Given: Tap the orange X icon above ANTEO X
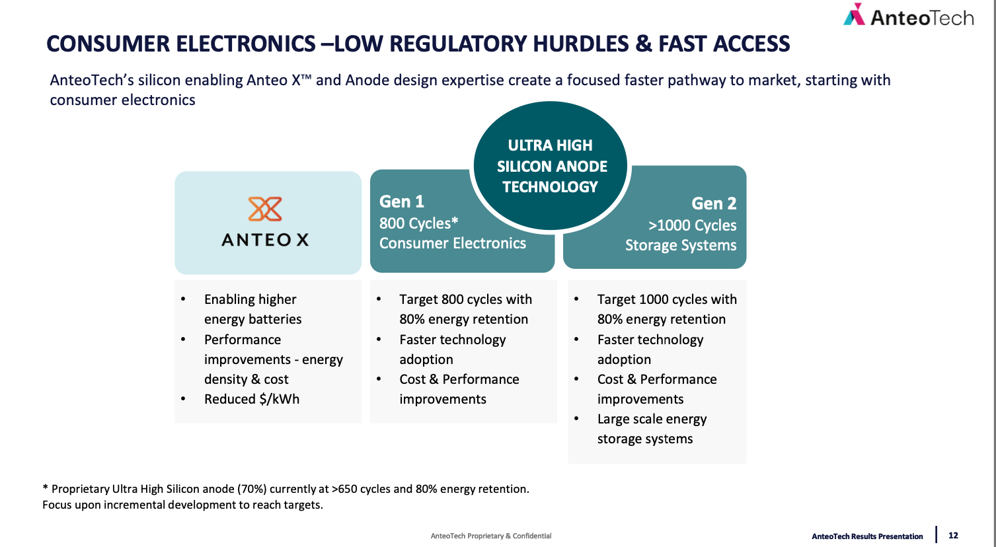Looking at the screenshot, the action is pyautogui.click(x=265, y=209).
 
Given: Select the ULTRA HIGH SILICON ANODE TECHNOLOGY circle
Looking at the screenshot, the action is pyautogui.click(x=551, y=166).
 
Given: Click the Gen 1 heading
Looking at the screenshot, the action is pyautogui.click(x=402, y=201).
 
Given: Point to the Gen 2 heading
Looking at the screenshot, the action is pyautogui.click(x=714, y=203).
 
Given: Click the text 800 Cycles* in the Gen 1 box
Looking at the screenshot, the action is pyautogui.click(x=418, y=223).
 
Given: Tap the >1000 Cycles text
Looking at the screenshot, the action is pyautogui.click(x=692, y=225).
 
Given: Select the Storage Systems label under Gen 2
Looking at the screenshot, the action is pyautogui.click(x=681, y=245).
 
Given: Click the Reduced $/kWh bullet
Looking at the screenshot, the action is pyautogui.click(x=252, y=399).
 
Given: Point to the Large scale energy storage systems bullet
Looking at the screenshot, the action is pyautogui.click(x=652, y=429).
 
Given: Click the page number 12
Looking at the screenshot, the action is pyautogui.click(x=953, y=536).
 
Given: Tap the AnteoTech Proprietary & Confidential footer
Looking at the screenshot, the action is pyautogui.click(x=491, y=536).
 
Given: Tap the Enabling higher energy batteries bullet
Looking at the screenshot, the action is pyautogui.click(x=252, y=309).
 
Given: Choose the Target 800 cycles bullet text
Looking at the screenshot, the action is pyautogui.click(x=465, y=309).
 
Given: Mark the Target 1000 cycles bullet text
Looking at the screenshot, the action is pyautogui.click(x=667, y=309).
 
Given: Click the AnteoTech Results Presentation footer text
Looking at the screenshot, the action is pyautogui.click(x=867, y=536).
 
